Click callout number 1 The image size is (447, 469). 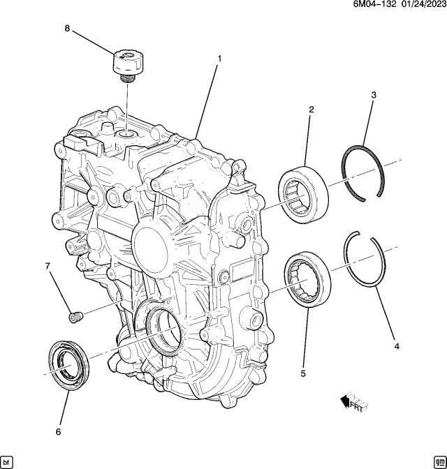pos(219,59)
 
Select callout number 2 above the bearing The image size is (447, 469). pos(312,110)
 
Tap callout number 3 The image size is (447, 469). pos(374,95)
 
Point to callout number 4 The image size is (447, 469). pos(397,347)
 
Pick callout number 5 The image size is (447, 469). pos(303,373)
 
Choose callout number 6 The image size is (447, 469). pos(59,431)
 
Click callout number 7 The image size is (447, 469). pos(48,266)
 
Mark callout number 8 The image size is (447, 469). pos(67,29)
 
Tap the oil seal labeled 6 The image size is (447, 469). pos(69,365)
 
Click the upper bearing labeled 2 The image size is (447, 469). pos(303,195)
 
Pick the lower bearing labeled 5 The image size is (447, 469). pos(308,279)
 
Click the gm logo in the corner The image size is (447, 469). pos(439,460)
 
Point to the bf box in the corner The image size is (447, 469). pos(8,460)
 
